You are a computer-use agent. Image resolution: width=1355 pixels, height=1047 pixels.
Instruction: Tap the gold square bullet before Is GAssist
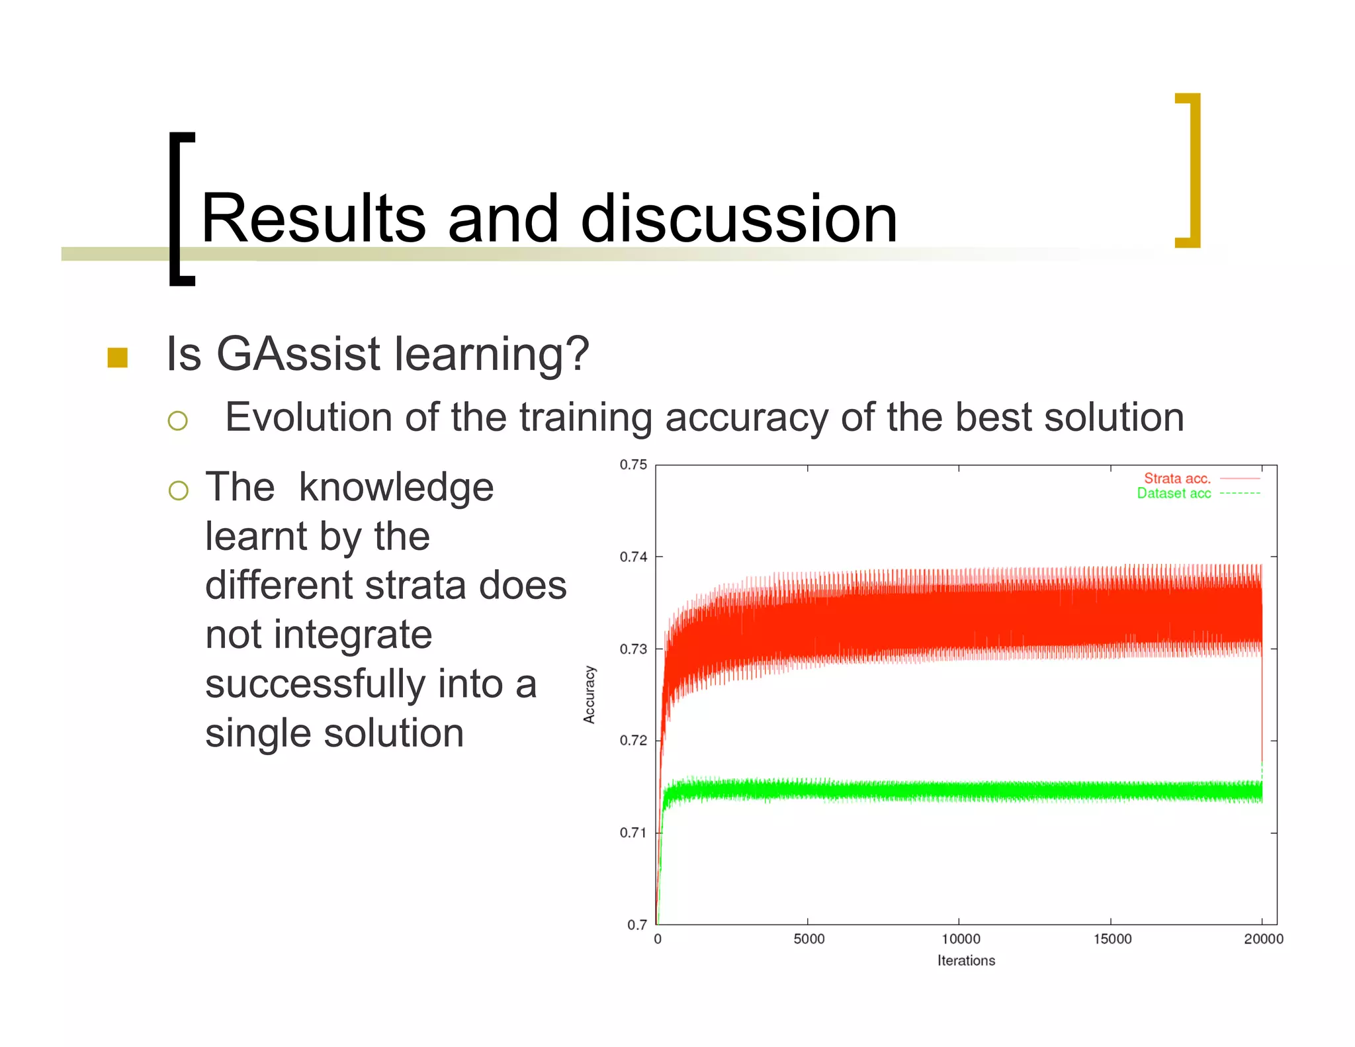tap(117, 357)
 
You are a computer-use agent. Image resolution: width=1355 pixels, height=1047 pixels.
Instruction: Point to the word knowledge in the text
tap(396, 488)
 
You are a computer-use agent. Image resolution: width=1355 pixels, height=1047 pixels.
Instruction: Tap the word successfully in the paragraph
tap(315, 684)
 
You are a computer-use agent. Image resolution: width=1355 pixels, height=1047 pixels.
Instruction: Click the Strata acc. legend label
tap(1176, 478)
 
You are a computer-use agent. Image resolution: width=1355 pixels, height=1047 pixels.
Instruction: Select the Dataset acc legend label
tap(1174, 494)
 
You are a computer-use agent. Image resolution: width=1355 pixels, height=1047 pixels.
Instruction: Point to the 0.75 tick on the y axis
tap(633, 465)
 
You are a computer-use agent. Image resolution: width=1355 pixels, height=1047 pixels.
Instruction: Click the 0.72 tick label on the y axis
tap(633, 741)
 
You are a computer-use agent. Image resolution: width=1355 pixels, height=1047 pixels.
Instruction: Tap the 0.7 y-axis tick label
tap(637, 925)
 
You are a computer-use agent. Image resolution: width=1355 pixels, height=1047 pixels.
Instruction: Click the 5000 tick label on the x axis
tap(809, 939)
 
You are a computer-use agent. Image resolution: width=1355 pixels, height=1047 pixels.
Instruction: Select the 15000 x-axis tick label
tap(1112, 939)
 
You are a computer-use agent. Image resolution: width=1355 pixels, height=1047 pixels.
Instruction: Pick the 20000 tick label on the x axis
tap(1263, 939)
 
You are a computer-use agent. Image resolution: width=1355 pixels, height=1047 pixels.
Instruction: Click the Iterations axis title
tap(966, 961)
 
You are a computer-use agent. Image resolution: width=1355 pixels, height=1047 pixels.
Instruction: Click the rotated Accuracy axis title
tap(590, 694)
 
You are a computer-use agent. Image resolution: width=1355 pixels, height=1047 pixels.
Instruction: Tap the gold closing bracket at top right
tap(1192, 171)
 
